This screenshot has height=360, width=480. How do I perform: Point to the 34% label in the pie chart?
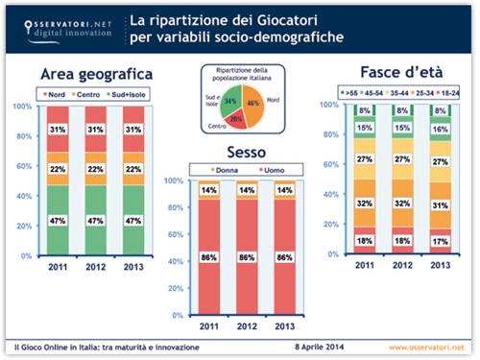click(230, 98)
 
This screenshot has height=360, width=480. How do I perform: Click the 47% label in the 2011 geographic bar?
click(59, 220)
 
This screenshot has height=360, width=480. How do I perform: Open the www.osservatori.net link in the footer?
click(427, 345)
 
